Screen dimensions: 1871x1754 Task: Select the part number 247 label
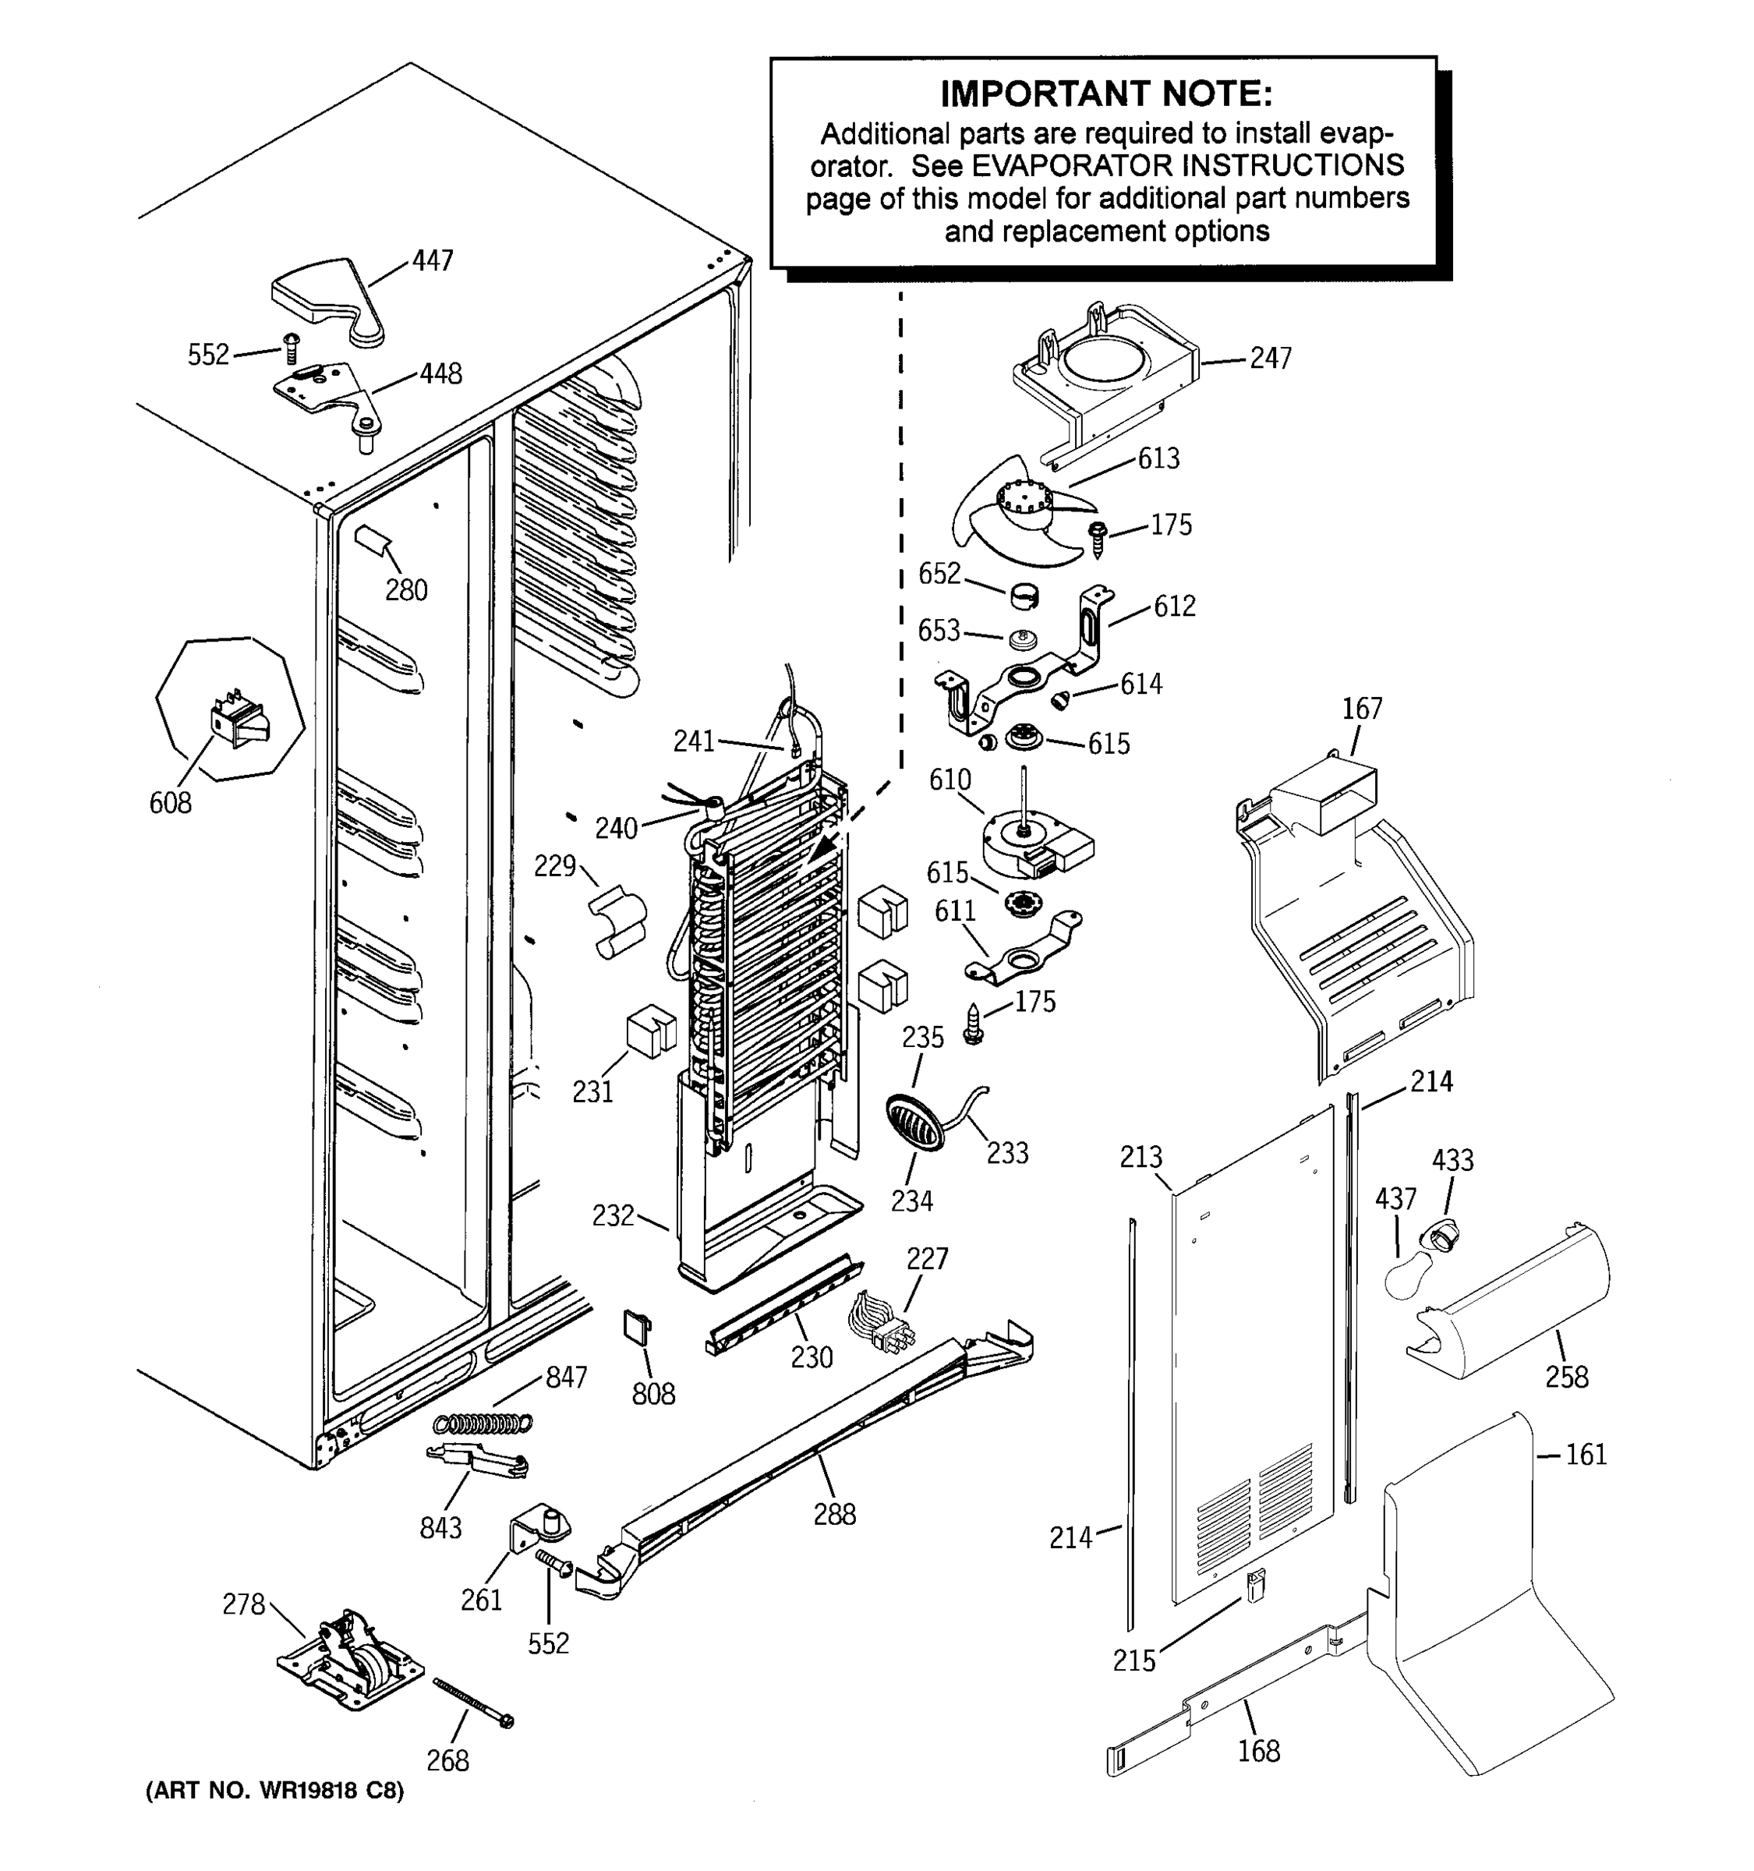pyautogui.click(x=1271, y=359)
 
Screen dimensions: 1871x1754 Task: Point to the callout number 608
pyautogui.click(x=170, y=803)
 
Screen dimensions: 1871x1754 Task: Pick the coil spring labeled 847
pyautogui.click(x=483, y=1422)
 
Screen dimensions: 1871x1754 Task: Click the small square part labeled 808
pyautogui.click(x=636, y=1325)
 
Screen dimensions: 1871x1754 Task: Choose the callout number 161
pyautogui.click(x=1586, y=1455)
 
